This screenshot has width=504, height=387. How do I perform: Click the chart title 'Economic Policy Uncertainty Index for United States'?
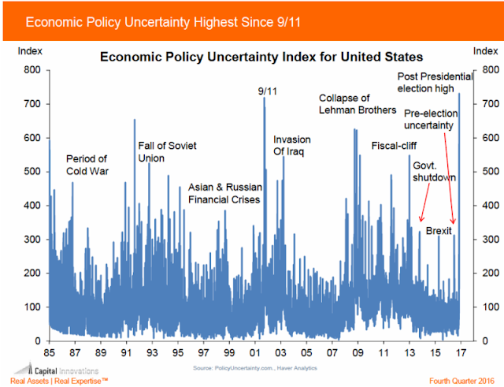click(259, 58)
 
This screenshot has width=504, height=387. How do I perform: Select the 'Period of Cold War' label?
click(87, 164)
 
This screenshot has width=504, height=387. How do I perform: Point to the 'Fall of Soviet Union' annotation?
click(166, 151)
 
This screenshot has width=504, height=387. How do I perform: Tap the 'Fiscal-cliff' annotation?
click(394, 146)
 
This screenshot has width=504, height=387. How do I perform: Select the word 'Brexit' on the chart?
click(439, 232)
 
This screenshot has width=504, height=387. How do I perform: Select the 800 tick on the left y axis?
click(31, 70)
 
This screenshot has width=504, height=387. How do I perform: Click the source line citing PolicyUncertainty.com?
click(260, 368)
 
